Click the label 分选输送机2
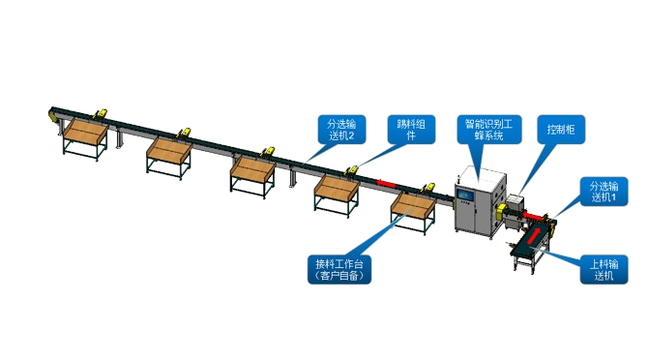point(341,130)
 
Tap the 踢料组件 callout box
point(411,130)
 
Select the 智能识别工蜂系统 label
point(488,130)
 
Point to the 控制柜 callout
point(561,130)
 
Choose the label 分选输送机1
point(604,192)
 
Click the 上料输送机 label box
point(604,270)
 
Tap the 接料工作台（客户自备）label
point(339,270)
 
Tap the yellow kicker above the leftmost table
point(101,113)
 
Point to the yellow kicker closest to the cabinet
point(428,188)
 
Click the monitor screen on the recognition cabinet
point(465,195)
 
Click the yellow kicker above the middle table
point(268,152)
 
